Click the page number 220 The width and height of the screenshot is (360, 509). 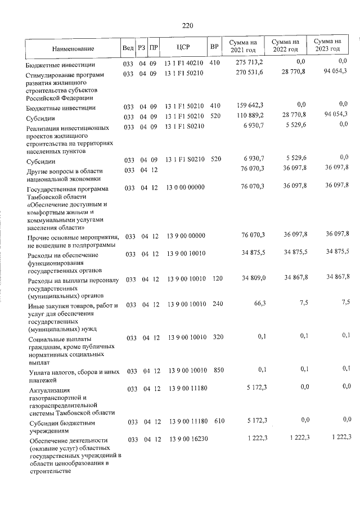click(x=188, y=25)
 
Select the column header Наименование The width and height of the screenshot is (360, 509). click(x=74, y=48)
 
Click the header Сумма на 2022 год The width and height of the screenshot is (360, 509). click(x=285, y=46)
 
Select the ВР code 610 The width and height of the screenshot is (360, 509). click(x=217, y=421)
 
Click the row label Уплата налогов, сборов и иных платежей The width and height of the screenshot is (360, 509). click(x=66, y=375)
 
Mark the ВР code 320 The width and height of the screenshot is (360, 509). click(x=217, y=337)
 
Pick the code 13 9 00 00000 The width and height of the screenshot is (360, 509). click(x=187, y=233)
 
